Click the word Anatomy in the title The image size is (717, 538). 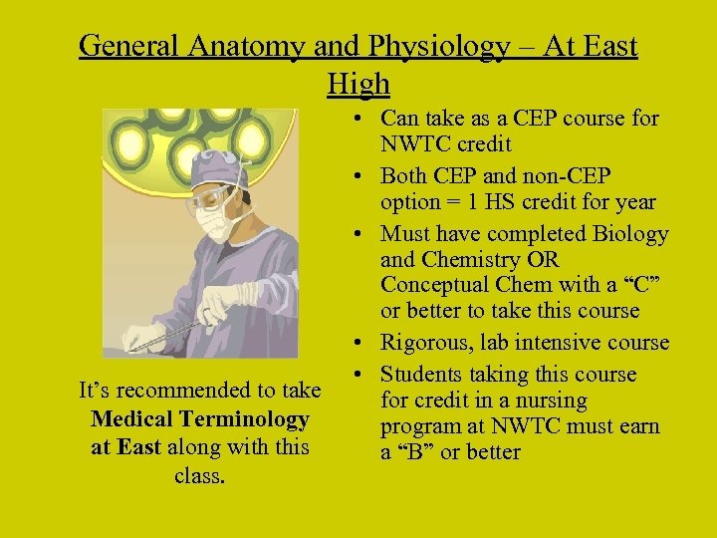253,46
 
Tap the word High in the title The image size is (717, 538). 358,84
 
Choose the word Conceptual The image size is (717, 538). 432,285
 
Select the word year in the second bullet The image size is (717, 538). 634,202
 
